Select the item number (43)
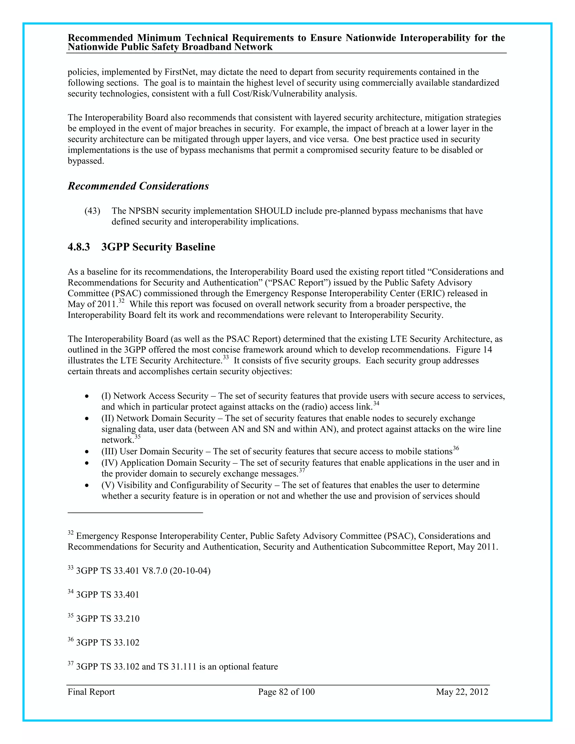pyautogui.click(x=92, y=211)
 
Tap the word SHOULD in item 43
pyautogui.click(x=273, y=211)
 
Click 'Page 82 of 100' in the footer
pyautogui.click(x=286, y=691)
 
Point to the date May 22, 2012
pyautogui.click(x=462, y=691)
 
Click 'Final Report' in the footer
pyautogui.click(x=91, y=691)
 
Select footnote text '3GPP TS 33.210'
pyautogui.click(x=108, y=618)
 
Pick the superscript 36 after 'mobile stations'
pyautogui.click(x=456, y=448)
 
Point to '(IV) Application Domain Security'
pyautogui.click(x=166, y=463)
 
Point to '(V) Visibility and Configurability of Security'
pyautogui.click(x=187, y=485)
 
